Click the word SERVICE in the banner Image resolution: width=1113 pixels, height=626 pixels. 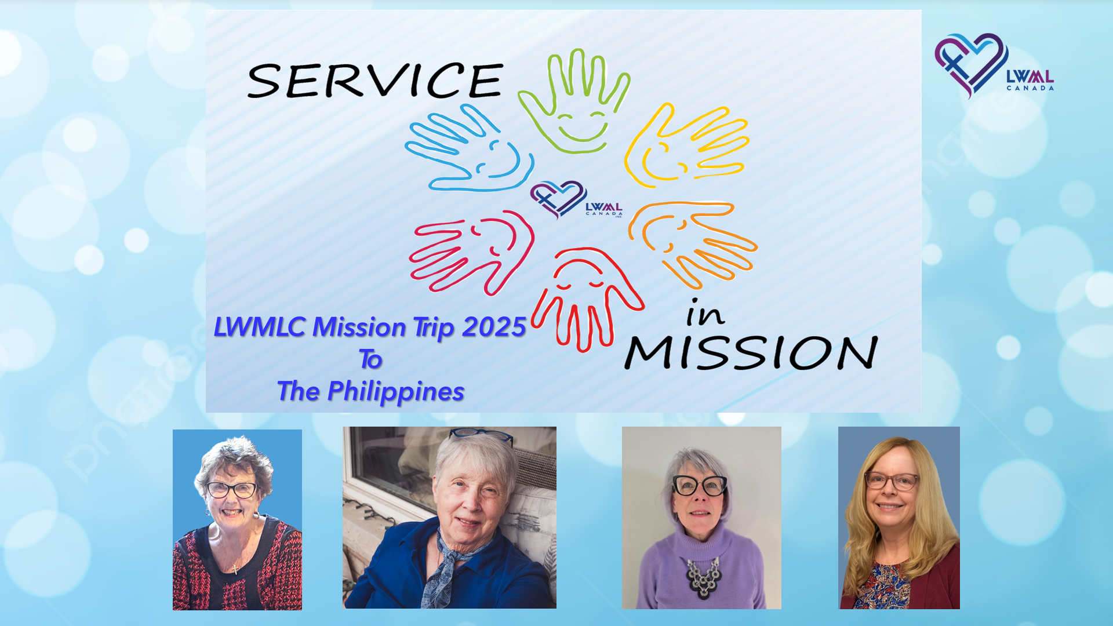click(x=375, y=80)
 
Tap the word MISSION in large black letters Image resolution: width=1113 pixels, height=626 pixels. click(x=751, y=352)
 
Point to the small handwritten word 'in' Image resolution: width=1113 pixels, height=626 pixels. click(x=705, y=313)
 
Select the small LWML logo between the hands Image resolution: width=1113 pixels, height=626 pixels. click(x=576, y=200)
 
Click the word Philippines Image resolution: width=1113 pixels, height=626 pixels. click(x=395, y=392)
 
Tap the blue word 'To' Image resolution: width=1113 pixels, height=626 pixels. click(x=370, y=359)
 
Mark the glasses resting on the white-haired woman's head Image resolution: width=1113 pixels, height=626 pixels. click(x=481, y=435)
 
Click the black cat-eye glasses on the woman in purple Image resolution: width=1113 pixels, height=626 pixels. click(x=700, y=485)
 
